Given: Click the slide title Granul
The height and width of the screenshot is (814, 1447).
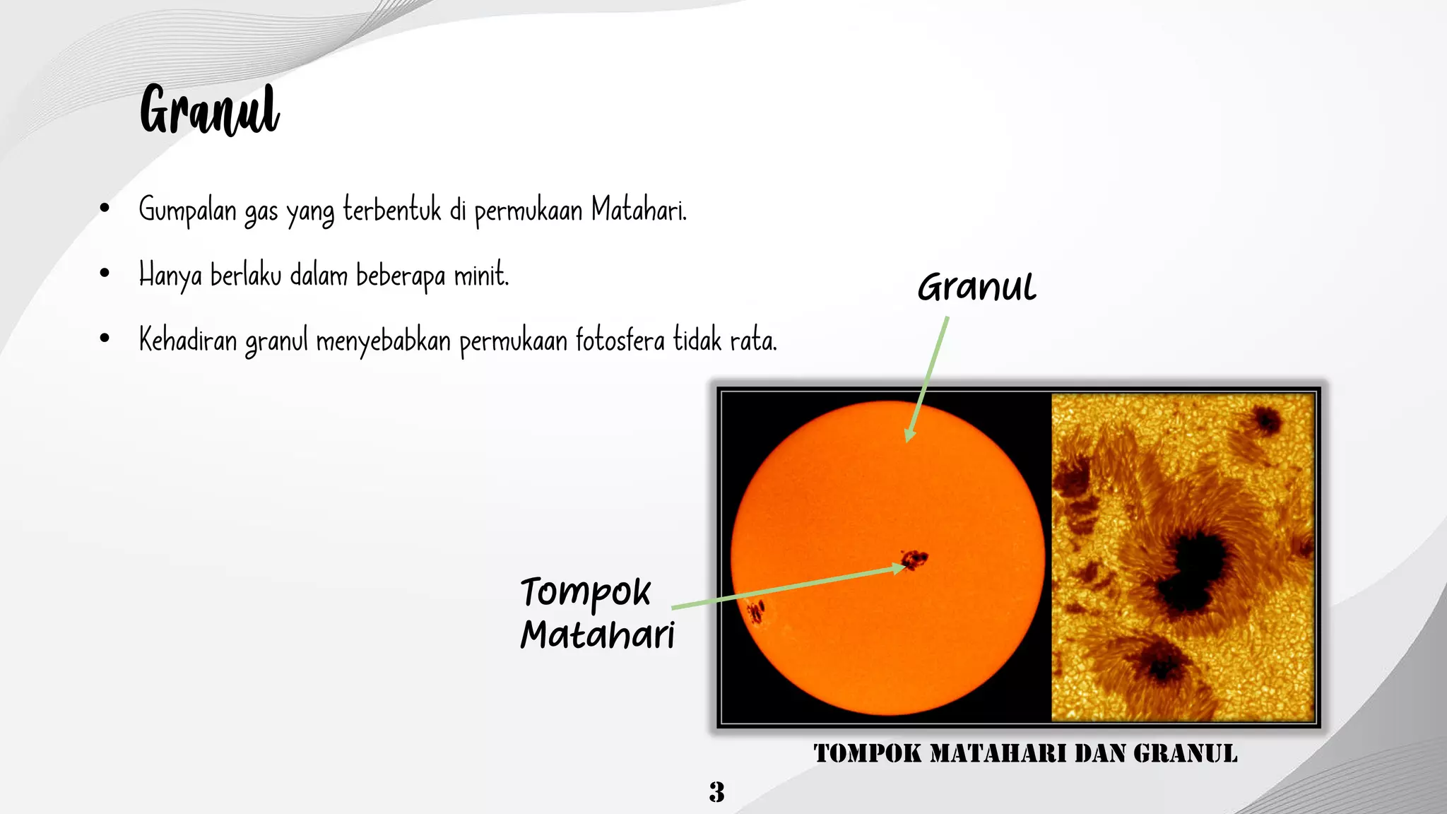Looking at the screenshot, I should [209, 110].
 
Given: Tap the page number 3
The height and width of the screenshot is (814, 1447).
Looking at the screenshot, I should [716, 792].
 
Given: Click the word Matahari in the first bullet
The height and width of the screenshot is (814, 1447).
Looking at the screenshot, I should [638, 210].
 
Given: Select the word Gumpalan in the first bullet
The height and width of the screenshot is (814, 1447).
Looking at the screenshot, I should [187, 210].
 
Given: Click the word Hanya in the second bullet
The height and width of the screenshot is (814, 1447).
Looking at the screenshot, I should [170, 276].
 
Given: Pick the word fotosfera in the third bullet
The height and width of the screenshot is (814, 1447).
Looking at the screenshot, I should [620, 340].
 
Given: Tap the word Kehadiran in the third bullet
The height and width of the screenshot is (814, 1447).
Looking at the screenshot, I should [187, 340].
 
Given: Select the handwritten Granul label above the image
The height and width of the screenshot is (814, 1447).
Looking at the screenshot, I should [976, 287].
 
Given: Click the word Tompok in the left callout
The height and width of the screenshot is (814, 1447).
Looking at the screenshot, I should [585, 592].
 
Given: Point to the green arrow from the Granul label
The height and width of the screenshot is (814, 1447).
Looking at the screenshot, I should [927, 378].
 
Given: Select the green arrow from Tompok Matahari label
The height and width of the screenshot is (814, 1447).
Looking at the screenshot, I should [784, 588].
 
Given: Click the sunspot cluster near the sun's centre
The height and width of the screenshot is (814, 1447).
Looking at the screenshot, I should [916, 560].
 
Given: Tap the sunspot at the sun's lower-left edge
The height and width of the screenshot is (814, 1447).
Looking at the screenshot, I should [756, 610].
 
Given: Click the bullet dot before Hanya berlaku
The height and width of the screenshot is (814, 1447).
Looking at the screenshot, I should [105, 273].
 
